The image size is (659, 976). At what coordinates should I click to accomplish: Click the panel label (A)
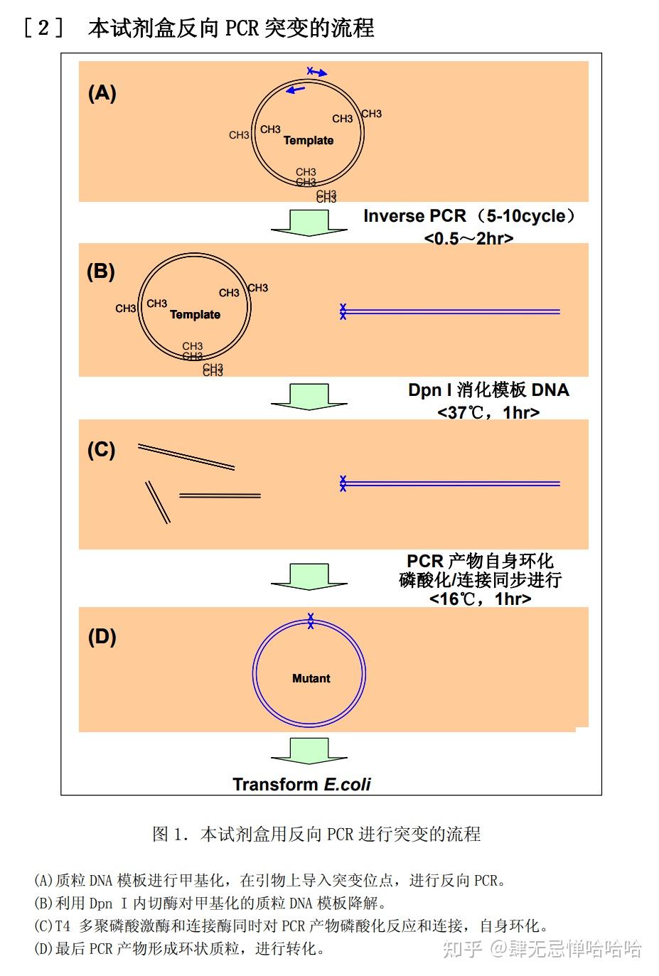[102, 93]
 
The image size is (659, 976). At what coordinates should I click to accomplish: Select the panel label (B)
[100, 272]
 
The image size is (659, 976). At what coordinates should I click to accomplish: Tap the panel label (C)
[101, 450]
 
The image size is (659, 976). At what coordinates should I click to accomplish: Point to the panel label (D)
[102, 636]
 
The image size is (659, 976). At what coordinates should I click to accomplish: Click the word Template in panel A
[309, 140]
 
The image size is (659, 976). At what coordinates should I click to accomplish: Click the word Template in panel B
[195, 314]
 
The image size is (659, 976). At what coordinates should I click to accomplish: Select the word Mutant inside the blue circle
[311, 678]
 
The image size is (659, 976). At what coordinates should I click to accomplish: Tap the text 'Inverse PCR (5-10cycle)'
[469, 216]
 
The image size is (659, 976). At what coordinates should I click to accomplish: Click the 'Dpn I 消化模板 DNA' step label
[488, 390]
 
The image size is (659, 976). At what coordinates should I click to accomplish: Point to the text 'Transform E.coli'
[301, 784]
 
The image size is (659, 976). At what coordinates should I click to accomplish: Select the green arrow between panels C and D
[309, 576]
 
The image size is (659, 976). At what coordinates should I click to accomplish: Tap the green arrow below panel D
[309, 751]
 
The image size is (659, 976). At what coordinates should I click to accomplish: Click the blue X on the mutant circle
[311, 621]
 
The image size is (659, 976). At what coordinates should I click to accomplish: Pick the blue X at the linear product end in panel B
[343, 311]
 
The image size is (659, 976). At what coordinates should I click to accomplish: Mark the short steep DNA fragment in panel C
[158, 502]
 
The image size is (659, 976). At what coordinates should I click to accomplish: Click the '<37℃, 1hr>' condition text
[488, 412]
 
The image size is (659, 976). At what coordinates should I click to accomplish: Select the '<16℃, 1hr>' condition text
[481, 599]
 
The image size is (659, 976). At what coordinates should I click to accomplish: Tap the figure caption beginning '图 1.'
[316, 834]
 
